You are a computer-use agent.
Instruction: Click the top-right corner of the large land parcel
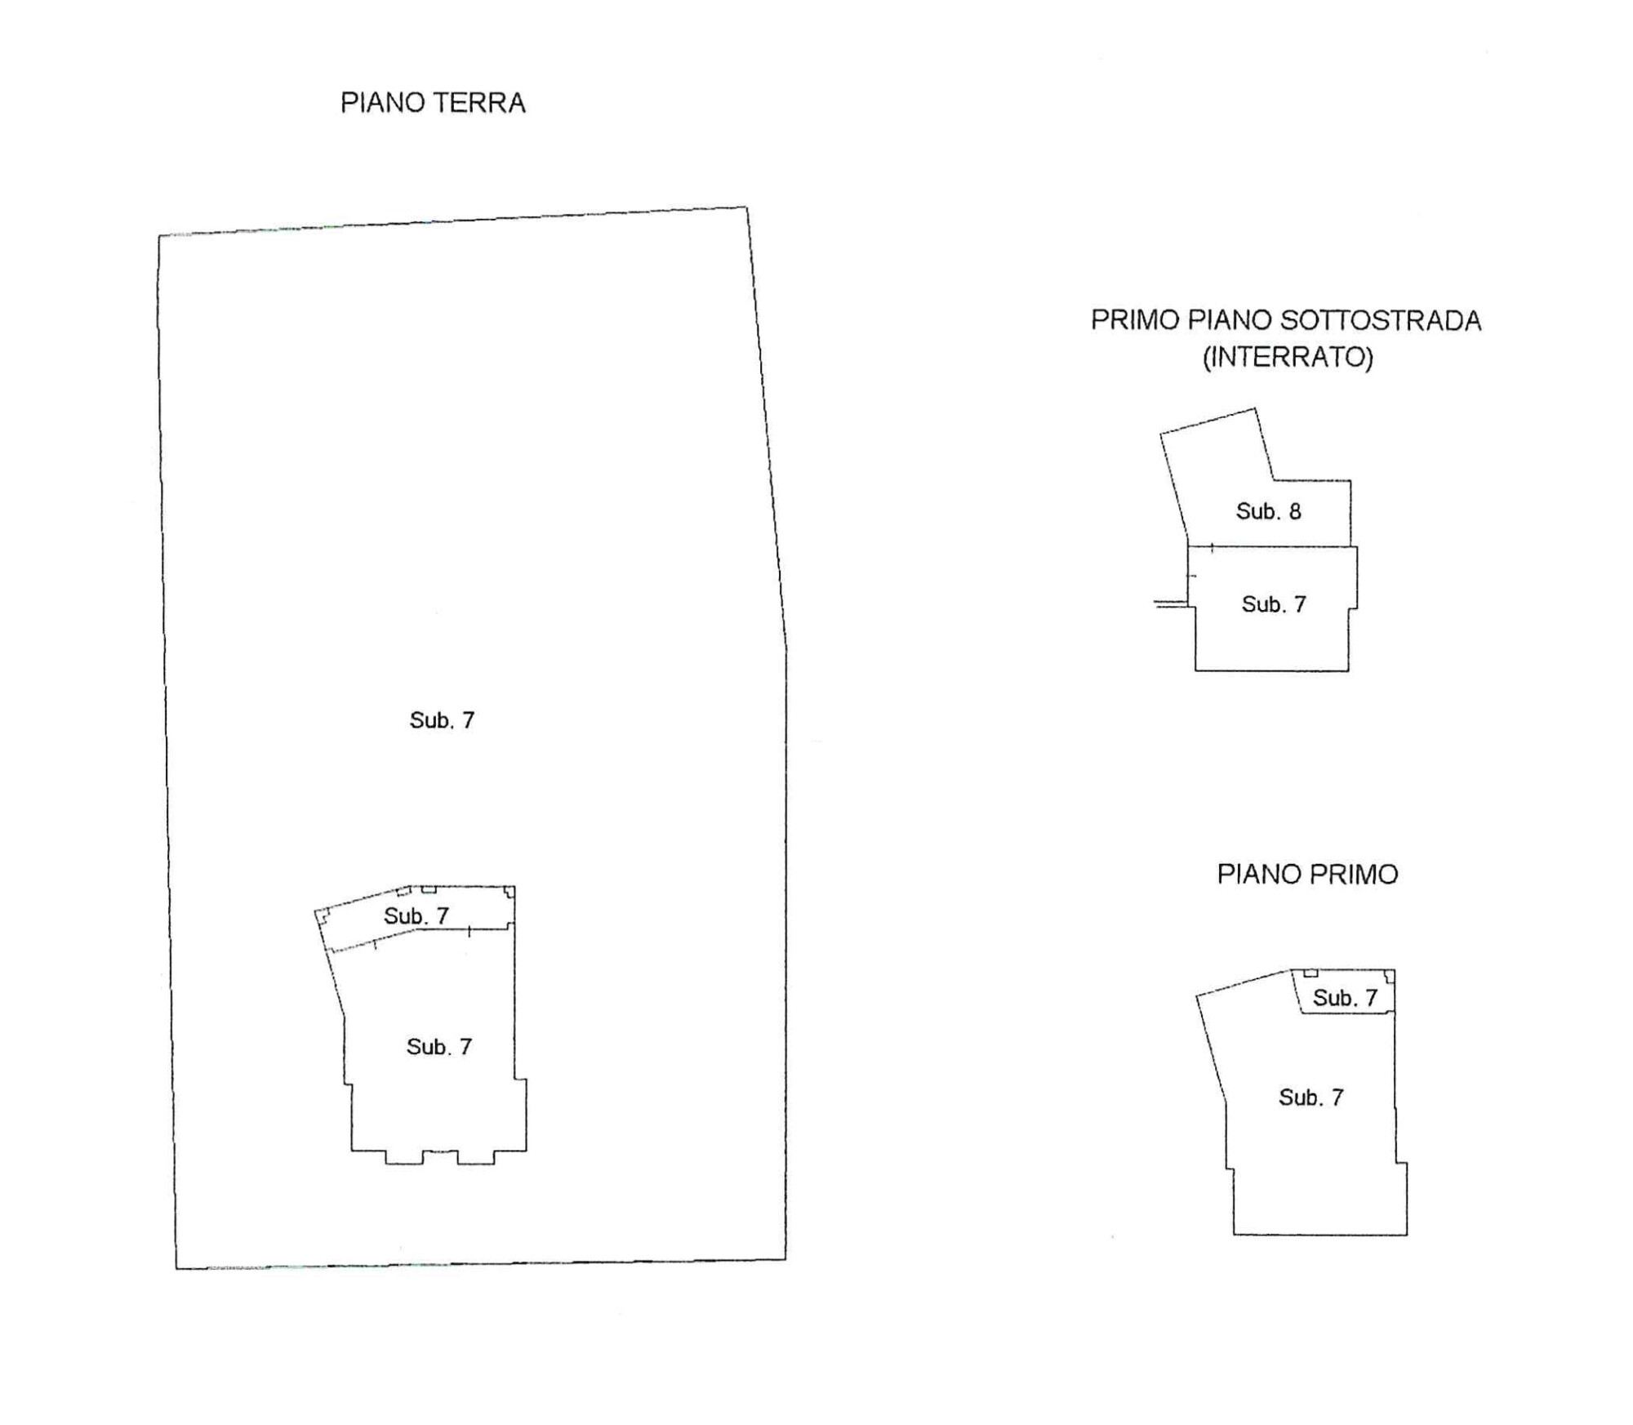click(747, 207)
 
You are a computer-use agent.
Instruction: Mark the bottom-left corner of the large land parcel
click(176, 1268)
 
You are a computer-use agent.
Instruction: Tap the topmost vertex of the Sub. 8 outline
click(1254, 408)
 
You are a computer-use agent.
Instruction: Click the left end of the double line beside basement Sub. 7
click(1155, 604)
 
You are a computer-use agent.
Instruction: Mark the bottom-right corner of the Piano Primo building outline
click(1407, 1234)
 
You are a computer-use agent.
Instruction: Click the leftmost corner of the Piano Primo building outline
click(1197, 995)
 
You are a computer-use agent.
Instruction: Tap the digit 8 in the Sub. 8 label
click(1295, 511)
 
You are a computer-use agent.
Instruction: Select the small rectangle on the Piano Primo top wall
click(1310, 973)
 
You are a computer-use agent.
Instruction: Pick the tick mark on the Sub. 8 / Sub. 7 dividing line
click(1212, 547)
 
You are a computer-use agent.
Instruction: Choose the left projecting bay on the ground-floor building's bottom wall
click(403, 1157)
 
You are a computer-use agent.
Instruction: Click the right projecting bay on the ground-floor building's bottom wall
click(476, 1157)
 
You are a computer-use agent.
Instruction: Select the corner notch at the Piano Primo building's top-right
click(1390, 975)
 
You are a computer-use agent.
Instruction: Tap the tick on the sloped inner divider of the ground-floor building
click(375, 945)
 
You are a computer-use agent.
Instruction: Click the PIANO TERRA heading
click(433, 103)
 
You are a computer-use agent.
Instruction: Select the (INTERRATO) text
click(1288, 357)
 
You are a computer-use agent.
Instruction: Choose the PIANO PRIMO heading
click(1307, 875)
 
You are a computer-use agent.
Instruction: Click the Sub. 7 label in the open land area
click(442, 719)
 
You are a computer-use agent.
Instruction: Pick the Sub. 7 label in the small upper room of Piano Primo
click(1345, 997)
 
